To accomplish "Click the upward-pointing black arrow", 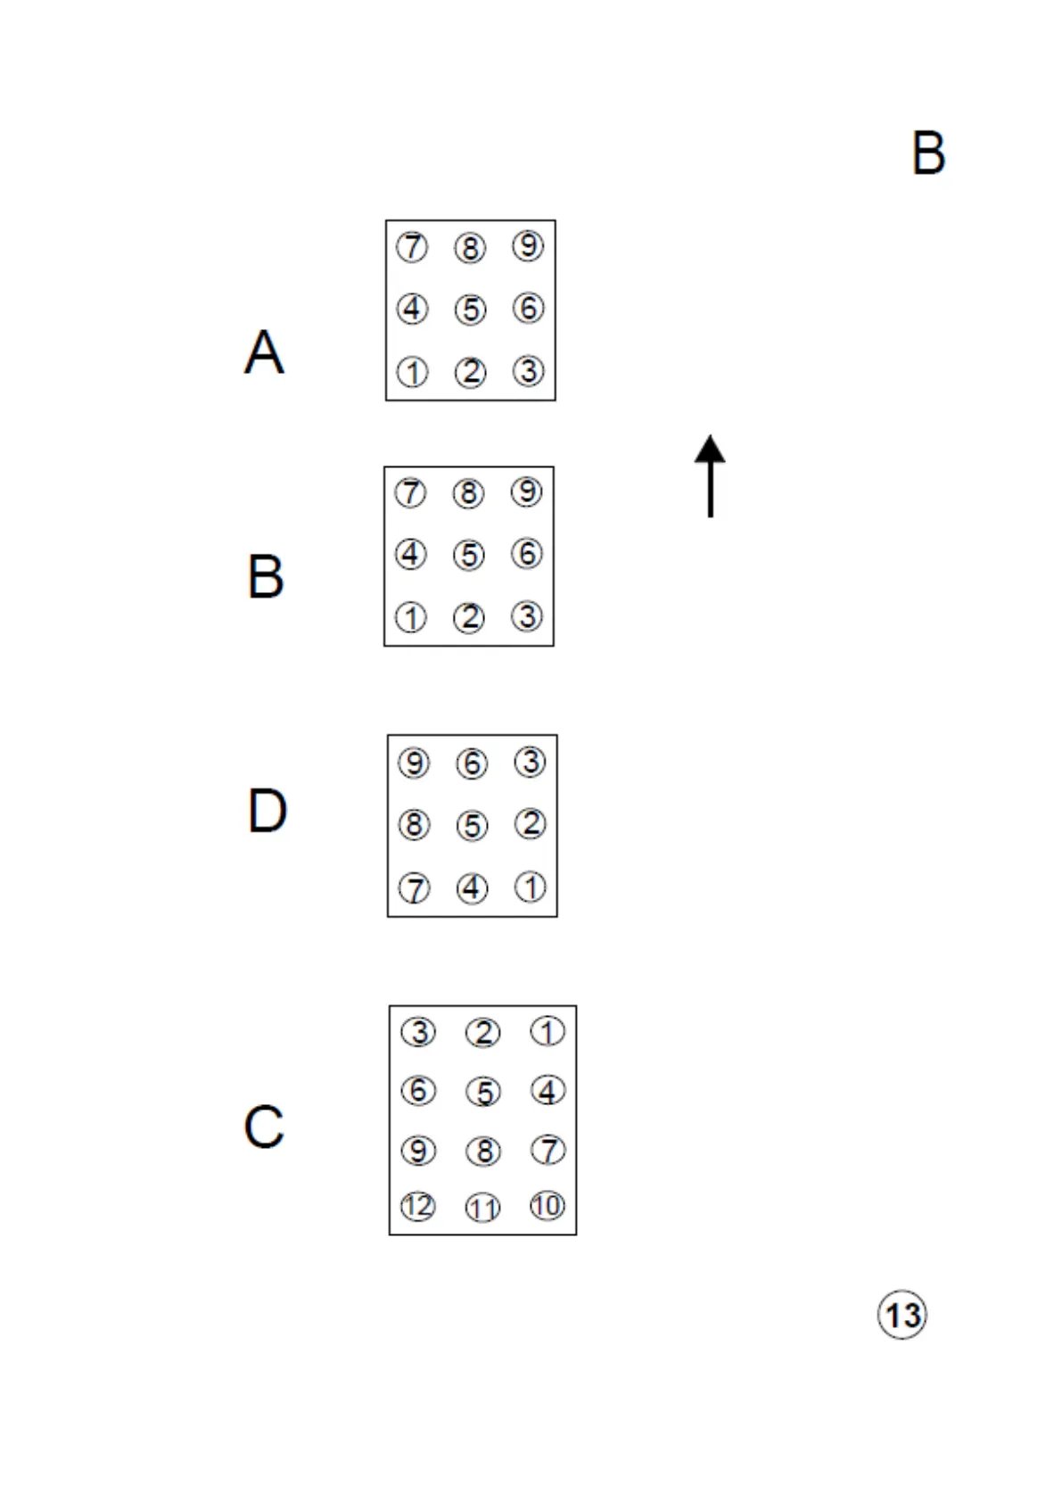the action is [710, 475].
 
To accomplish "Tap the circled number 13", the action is [902, 1315].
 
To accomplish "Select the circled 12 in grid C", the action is [417, 1207].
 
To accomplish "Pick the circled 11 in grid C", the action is [482, 1208].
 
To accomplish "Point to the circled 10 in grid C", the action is [547, 1206].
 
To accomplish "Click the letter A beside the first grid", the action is [264, 351].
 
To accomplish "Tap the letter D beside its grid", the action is [267, 811].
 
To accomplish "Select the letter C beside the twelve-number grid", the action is [264, 1126].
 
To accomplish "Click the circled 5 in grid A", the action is [470, 309].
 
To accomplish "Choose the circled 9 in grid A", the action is [528, 245].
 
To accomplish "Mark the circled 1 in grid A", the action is [412, 372].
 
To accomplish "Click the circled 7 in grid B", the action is [410, 492].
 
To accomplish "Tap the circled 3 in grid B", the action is [526, 615].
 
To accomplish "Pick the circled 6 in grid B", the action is [526, 554].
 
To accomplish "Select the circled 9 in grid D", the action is [414, 763].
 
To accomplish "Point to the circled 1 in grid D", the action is [531, 887].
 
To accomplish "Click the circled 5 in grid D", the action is [472, 825].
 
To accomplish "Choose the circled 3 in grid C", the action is [417, 1032].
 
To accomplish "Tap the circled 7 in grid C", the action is [547, 1150].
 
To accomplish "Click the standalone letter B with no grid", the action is [928, 153].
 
